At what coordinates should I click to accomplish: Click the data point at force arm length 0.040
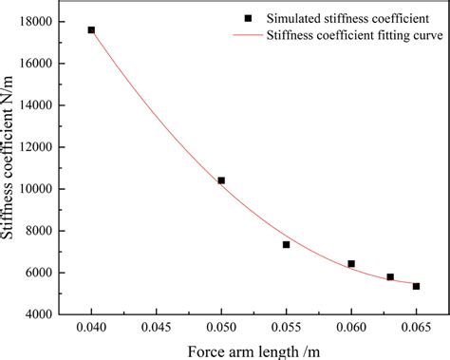pos(91,30)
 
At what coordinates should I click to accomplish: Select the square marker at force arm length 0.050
pos(221,180)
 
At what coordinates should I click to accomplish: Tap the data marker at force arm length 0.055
pos(286,245)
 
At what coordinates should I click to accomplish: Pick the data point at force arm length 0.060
pos(351,264)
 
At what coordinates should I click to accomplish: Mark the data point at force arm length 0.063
pos(390,277)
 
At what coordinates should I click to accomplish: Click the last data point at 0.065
pos(416,286)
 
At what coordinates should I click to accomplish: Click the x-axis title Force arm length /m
pos(253,348)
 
